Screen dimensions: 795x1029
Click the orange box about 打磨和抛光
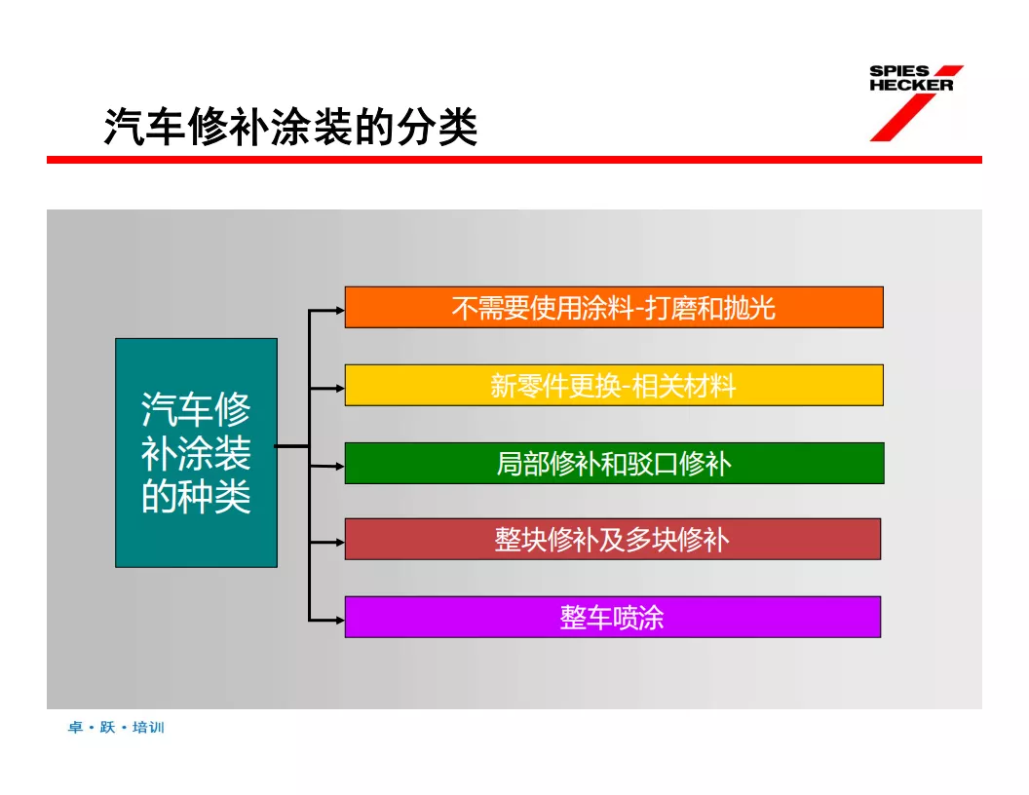click(x=614, y=308)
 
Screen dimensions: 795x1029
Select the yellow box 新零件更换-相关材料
click(x=614, y=386)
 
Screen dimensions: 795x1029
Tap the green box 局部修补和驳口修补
click(x=614, y=464)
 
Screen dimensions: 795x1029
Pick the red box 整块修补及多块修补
click(x=612, y=539)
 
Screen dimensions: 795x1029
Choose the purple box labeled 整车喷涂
click(x=612, y=617)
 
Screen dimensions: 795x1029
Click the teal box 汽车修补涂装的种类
click(x=196, y=453)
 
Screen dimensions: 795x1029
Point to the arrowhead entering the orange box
click(x=339, y=311)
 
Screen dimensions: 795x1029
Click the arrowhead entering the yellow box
click(x=339, y=388)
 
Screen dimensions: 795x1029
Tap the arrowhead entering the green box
click(x=339, y=466)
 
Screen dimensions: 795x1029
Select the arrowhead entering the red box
click(x=339, y=541)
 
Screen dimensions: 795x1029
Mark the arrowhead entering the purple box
click(x=339, y=619)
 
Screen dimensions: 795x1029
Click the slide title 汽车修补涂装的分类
click(x=290, y=128)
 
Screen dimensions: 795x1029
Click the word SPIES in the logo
click(x=899, y=72)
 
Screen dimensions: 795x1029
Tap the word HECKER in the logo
click(x=911, y=86)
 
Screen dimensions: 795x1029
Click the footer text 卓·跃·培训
click(x=116, y=728)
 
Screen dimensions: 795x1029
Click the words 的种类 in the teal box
click(x=196, y=496)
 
